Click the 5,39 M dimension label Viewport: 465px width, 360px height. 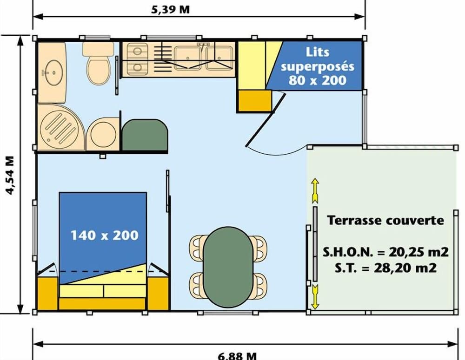coord(171,9)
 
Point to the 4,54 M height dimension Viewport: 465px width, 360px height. coord(8,175)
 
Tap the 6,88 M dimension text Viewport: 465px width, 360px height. coord(237,355)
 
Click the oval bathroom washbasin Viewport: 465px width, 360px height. coord(52,72)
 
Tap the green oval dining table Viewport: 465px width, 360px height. coord(228,266)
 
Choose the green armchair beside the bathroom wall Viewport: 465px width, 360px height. coord(145,135)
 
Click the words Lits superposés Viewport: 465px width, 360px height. coord(318,59)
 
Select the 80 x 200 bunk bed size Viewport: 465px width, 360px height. coord(318,80)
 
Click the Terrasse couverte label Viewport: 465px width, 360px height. coord(385,220)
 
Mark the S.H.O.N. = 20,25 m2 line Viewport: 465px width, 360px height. coord(385,252)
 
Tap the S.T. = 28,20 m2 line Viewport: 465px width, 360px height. coord(385,268)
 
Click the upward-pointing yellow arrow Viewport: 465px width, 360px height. coord(315,190)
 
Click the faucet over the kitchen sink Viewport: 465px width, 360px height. coord(203,46)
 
